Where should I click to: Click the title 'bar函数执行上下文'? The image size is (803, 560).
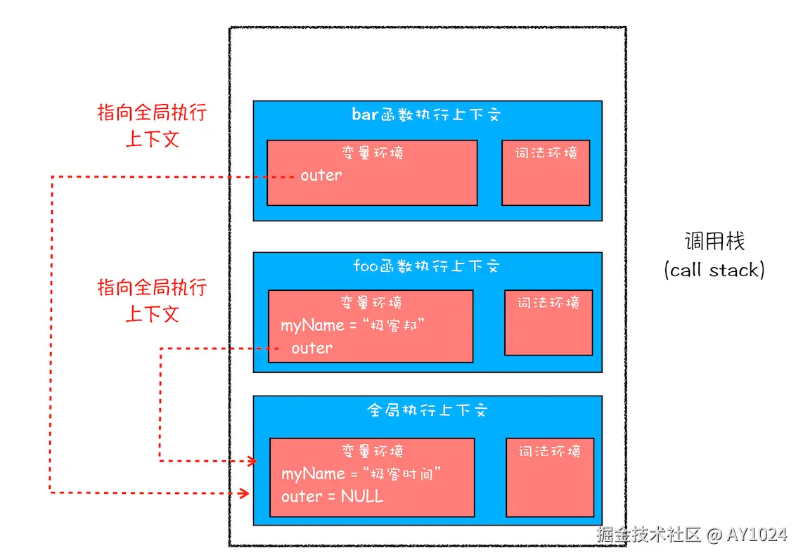tap(426, 115)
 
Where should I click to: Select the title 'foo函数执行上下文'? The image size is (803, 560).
tap(426, 266)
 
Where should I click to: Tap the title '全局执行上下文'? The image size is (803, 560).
tap(426, 410)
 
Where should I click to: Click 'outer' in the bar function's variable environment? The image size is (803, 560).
tap(321, 176)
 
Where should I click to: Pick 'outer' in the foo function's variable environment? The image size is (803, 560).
tap(311, 348)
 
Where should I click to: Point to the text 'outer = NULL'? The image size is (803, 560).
tap(332, 496)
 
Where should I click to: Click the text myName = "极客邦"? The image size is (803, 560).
tap(353, 325)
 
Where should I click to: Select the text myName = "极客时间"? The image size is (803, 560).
tap(361, 474)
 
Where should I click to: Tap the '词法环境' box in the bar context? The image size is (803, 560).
tap(546, 172)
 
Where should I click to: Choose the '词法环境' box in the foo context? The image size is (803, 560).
tap(548, 323)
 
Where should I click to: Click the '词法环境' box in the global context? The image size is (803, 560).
tap(550, 477)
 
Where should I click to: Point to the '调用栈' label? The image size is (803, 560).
tap(714, 242)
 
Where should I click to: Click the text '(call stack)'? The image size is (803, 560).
tap(714, 270)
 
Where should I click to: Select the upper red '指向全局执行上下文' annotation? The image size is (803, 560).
tap(152, 126)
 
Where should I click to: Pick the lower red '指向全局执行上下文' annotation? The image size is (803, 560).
tap(152, 300)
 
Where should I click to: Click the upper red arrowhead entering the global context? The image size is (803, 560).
tap(250, 461)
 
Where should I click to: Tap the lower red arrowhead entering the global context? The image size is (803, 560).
tap(244, 493)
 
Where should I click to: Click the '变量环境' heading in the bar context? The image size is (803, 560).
tap(373, 152)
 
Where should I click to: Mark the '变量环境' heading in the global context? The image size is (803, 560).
tap(373, 451)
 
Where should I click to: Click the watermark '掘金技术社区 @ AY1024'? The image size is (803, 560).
tap(691, 534)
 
